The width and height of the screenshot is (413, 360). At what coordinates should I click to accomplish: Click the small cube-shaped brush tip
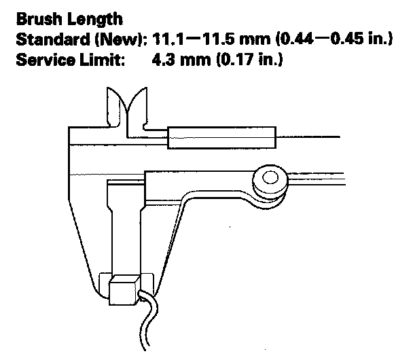(124, 288)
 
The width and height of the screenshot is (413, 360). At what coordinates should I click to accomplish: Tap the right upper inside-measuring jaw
(141, 109)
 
